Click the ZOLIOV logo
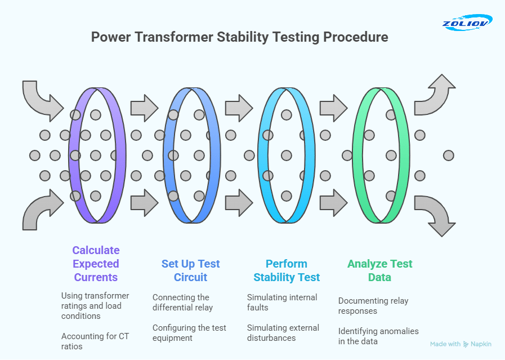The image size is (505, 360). click(467, 23)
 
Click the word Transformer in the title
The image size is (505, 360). click(173, 37)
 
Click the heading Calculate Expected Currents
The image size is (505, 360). click(96, 264)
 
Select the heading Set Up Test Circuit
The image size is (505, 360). click(190, 270)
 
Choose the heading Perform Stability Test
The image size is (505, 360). click(287, 270)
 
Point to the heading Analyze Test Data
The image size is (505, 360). click(379, 270)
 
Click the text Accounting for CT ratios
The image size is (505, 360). click(95, 341)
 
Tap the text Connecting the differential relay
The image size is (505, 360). click(182, 303)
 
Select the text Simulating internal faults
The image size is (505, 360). click(282, 303)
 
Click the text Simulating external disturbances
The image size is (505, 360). click(283, 332)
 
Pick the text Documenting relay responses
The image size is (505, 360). click(373, 306)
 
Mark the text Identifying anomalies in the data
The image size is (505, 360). click(378, 336)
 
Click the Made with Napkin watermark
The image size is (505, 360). click(461, 344)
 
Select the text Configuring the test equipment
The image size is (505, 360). click(189, 332)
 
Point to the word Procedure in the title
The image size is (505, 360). click(356, 37)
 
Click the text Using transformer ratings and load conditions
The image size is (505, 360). click(95, 306)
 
